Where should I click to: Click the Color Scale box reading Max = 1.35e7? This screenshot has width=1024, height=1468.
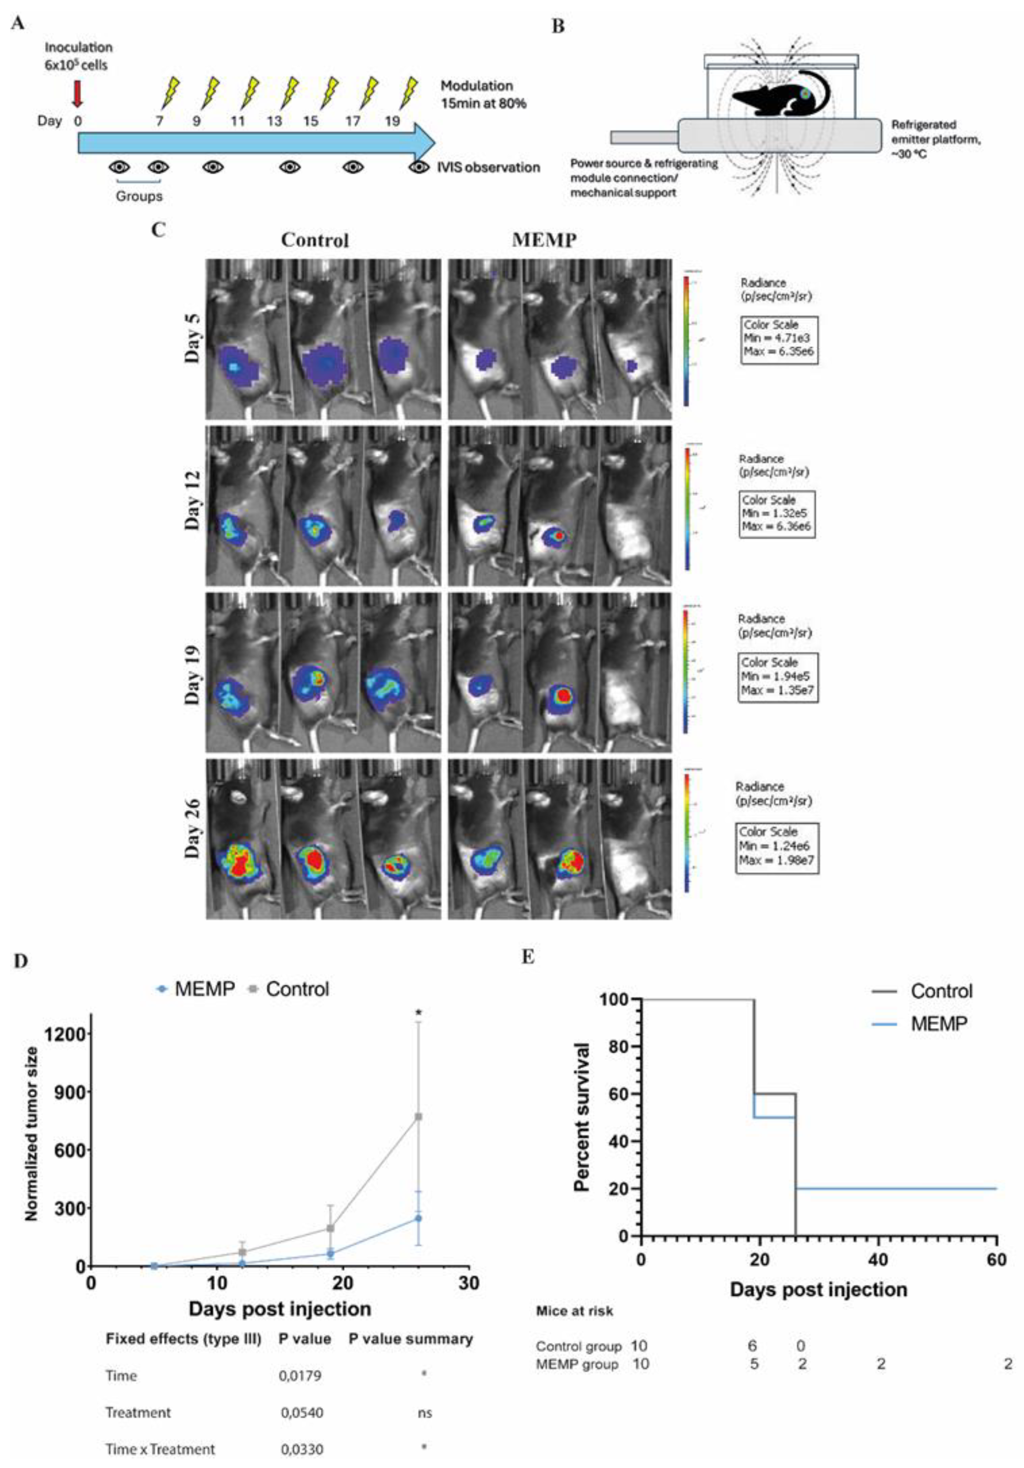[778, 676]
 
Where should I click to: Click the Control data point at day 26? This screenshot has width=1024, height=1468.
[419, 1116]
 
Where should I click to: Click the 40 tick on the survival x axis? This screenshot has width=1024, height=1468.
[878, 1260]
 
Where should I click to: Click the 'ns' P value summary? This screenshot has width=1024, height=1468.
[424, 1413]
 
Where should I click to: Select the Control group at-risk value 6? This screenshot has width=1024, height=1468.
[752, 1346]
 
